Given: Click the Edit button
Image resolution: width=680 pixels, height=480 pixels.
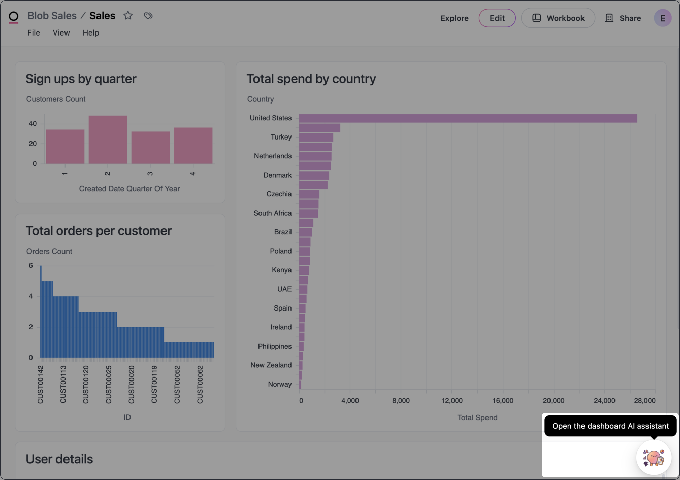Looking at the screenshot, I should pyautogui.click(x=497, y=18).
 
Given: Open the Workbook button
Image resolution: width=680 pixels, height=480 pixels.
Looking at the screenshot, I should pyautogui.click(x=558, y=18).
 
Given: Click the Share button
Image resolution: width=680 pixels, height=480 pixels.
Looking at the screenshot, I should pyautogui.click(x=623, y=18).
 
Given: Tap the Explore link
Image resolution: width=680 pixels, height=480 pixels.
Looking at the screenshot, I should pyautogui.click(x=455, y=18).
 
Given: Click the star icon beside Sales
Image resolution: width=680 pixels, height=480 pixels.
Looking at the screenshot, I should pyautogui.click(x=128, y=16).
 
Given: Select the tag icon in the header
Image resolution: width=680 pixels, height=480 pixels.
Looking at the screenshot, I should pyautogui.click(x=148, y=16).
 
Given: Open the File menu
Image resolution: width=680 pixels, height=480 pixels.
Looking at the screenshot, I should pyautogui.click(x=34, y=32).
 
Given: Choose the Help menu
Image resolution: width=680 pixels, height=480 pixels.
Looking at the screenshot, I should pyautogui.click(x=91, y=32).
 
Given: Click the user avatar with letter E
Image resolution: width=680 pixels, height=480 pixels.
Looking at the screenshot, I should pyautogui.click(x=662, y=18).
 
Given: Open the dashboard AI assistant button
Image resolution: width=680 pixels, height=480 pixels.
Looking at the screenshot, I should pyautogui.click(x=654, y=457).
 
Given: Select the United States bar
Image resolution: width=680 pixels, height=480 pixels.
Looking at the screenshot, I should pyautogui.click(x=468, y=118).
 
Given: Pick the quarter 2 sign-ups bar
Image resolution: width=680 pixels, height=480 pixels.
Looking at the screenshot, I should pyautogui.click(x=108, y=140).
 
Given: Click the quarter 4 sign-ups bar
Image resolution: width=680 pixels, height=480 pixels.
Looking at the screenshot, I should pyautogui.click(x=193, y=146).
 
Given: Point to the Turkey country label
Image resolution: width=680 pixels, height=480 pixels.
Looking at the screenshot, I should pyautogui.click(x=281, y=137).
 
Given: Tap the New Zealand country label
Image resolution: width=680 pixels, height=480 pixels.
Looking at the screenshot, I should pyautogui.click(x=271, y=365).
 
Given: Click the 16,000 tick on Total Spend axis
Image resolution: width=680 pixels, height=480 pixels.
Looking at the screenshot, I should pyautogui.click(x=503, y=401).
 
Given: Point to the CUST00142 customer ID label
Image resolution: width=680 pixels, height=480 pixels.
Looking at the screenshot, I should pyautogui.click(x=41, y=384).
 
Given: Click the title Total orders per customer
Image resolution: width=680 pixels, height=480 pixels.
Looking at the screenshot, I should pyautogui.click(x=99, y=231).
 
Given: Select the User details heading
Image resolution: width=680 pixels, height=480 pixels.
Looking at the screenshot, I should pyautogui.click(x=59, y=459).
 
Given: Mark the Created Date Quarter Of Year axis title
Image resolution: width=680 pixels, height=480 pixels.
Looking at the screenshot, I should pyautogui.click(x=129, y=189).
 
